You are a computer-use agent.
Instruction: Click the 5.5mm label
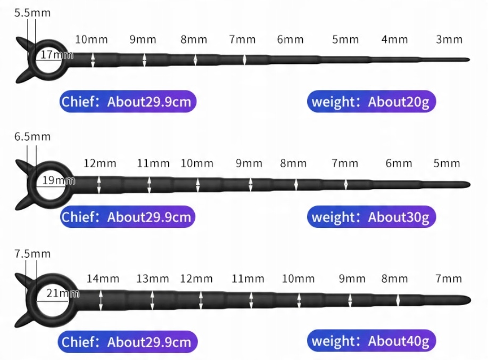[32, 12]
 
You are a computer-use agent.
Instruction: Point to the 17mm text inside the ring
[56, 54]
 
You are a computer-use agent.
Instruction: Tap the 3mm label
[449, 39]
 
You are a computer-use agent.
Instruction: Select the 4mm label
[394, 39]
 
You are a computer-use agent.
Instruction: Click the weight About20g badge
[371, 102]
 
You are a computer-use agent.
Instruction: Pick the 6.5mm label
[32, 136]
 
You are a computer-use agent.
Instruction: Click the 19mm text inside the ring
[58, 181]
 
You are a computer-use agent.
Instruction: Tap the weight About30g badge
[371, 217]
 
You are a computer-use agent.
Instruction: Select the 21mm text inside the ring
[62, 292]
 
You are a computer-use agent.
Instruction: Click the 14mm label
[103, 278]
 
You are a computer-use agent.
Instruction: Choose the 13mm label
[152, 278]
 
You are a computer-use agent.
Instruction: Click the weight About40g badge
[371, 341]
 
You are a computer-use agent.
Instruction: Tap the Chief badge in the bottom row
[127, 341]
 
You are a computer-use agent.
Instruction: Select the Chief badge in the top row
[127, 102]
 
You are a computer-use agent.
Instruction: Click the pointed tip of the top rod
[468, 60]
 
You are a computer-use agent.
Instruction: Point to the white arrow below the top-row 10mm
[93, 60]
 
